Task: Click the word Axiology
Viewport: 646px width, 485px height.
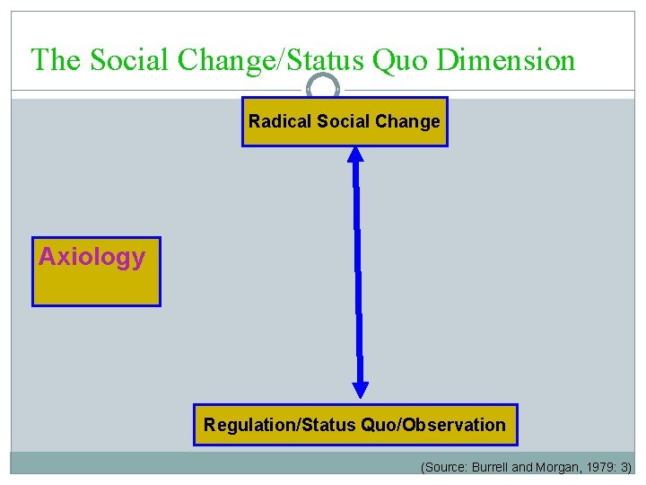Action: point(92,257)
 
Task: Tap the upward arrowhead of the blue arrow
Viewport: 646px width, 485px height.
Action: point(355,154)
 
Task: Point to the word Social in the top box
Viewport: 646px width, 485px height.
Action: point(342,121)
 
